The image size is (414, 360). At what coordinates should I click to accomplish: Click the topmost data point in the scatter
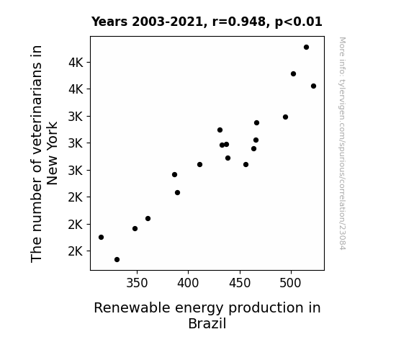tap(306, 48)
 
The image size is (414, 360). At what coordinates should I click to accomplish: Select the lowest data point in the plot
tap(117, 260)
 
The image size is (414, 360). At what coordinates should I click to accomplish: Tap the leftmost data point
tap(101, 237)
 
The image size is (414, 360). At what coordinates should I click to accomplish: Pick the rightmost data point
tap(313, 86)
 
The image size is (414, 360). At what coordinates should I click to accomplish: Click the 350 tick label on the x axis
tap(137, 284)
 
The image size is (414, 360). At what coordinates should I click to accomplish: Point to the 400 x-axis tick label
tap(188, 284)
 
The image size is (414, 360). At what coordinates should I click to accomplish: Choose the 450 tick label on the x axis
tap(240, 284)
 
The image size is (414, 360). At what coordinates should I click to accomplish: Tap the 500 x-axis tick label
tap(290, 284)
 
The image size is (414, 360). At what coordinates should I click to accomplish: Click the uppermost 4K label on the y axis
tap(76, 63)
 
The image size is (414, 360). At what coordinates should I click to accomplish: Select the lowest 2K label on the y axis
tap(76, 251)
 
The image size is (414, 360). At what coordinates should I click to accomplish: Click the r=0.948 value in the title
tap(239, 22)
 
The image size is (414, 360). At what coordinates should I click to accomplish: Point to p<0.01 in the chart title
tap(299, 22)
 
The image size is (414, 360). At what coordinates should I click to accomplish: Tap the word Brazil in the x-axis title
tap(207, 323)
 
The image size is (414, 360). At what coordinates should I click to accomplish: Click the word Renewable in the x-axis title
tap(132, 308)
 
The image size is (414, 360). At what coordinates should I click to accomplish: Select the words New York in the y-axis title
tap(53, 153)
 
